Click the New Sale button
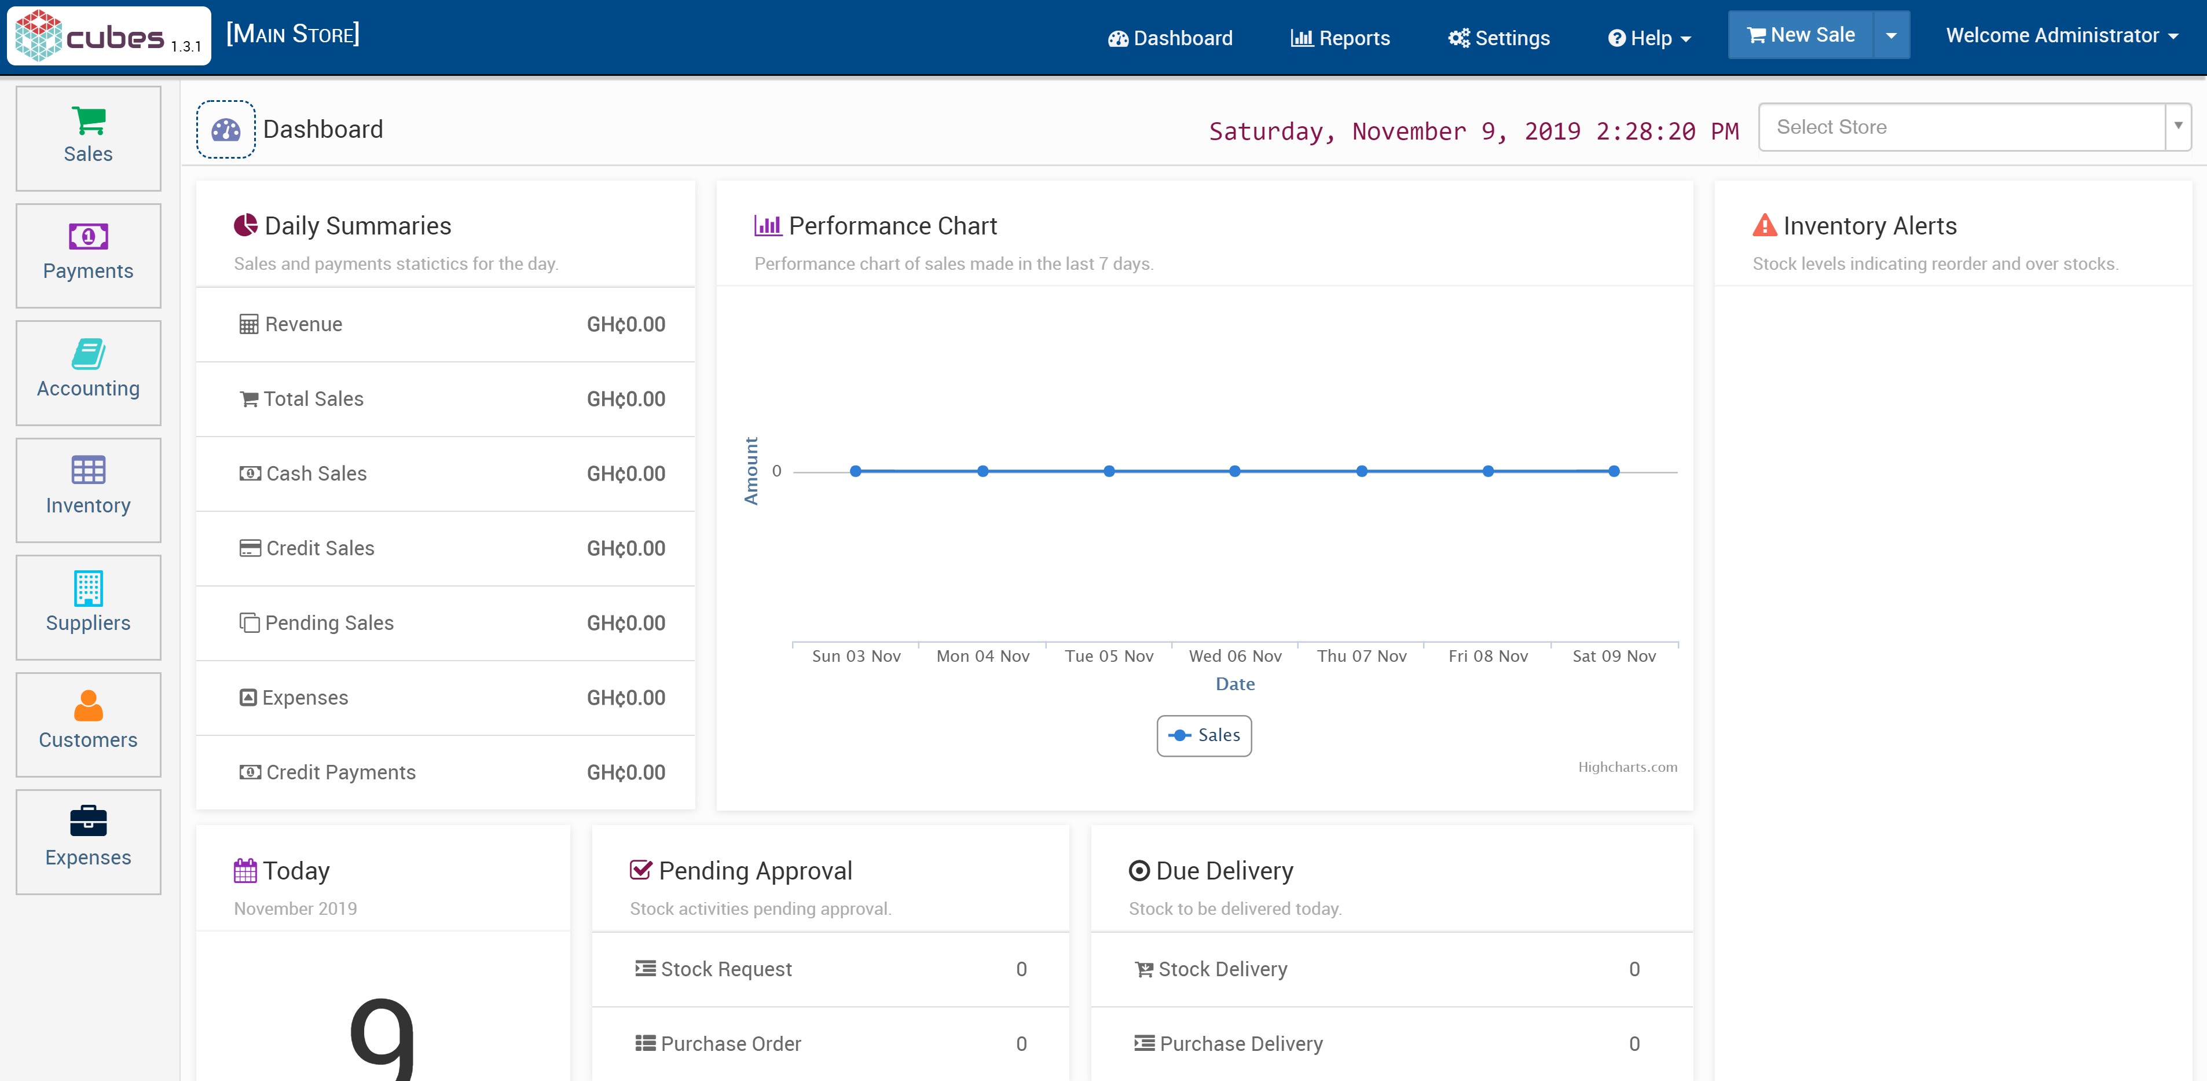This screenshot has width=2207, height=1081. click(x=1800, y=35)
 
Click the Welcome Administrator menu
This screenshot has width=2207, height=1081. click(x=2061, y=36)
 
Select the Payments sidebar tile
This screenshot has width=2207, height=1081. click(x=88, y=255)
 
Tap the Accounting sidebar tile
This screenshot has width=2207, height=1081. click(x=88, y=373)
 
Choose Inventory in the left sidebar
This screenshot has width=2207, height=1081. click(x=88, y=490)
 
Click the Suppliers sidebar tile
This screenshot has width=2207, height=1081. click(x=88, y=607)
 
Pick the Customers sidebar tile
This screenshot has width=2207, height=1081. click(x=88, y=725)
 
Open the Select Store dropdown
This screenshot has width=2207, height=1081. click(x=1973, y=127)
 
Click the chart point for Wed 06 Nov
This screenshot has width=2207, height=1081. click(x=1234, y=471)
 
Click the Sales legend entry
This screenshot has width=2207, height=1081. click(x=1205, y=735)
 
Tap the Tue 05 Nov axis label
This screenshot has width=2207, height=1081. click(x=1109, y=656)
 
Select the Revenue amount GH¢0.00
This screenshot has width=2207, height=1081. click(x=625, y=325)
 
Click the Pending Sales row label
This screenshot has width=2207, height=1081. click(x=329, y=623)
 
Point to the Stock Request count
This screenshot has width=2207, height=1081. click(x=1021, y=969)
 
